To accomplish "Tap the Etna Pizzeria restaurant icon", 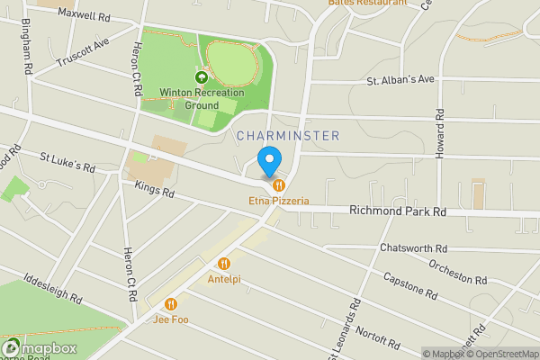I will click(279, 185).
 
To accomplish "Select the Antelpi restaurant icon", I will click(223, 264).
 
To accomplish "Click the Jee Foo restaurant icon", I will click(170, 303).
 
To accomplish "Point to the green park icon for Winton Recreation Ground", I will click(188, 76).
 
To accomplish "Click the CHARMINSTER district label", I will click(288, 136).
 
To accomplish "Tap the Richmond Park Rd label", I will click(398, 212).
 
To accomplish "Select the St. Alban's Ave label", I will click(400, 79).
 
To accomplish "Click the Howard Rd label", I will click(440, 135).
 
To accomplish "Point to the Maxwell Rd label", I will click(83, 14).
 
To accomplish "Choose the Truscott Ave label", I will click(82, 53).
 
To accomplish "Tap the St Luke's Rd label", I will click(67, 161).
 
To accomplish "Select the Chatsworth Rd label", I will click(413, 248).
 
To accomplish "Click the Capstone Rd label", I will click(410, 285).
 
